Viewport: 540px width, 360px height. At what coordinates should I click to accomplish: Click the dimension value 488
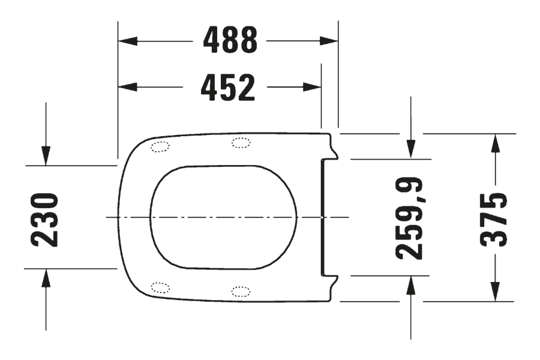[x=230, y=41]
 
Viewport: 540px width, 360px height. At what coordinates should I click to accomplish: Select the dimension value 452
[x=228, y=88]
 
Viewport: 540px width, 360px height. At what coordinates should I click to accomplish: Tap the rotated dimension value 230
[x=46, y=219]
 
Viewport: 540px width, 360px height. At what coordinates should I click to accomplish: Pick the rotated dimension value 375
[x=495, y=219]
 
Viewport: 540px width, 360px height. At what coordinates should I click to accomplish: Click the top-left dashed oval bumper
[x=160, y=146]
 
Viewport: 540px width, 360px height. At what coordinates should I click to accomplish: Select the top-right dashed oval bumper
[x=241, y=142]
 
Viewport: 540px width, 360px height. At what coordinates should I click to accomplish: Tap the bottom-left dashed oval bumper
[x=160, y=287]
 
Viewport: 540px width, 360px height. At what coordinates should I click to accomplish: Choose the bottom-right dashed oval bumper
[x=241, y=292]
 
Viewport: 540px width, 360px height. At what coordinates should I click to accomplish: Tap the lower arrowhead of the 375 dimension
[x=495, y=292]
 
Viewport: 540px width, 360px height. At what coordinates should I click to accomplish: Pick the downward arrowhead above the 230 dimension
[x=46, y=155]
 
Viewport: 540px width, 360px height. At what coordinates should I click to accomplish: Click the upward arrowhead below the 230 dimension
[x=46, y=278]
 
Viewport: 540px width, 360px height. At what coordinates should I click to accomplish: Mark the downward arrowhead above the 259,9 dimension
[x=410, y=149]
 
